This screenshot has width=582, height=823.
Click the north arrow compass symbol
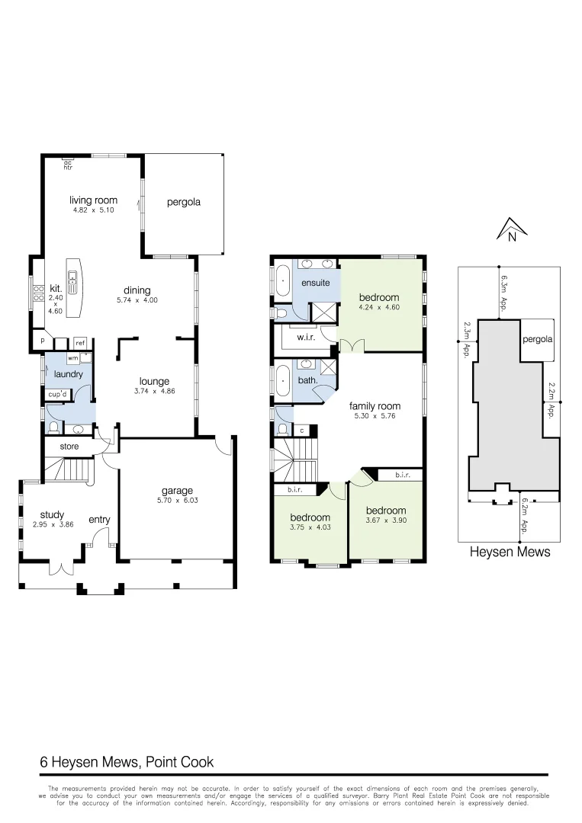tap(509, 228)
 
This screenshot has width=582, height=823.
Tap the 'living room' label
tap(93, 200)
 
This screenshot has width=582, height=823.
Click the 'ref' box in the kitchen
tap(80, 343)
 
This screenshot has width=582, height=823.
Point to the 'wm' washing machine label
tap(73, 357)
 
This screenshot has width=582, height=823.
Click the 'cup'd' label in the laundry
tap(57, 395)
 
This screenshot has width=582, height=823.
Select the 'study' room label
tap(52, 515)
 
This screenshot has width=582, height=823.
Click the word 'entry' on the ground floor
tap(99, 520)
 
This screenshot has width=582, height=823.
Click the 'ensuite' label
tap(315, 283)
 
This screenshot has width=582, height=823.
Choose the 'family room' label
tap(375, 406)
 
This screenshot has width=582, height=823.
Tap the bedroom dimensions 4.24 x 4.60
tap(380, 308)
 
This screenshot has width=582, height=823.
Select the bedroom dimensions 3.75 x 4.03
tap(310, 527)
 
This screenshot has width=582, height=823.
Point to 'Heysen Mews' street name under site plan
tap(509, 552)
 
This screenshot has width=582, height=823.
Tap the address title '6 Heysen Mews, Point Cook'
tap(127, 762)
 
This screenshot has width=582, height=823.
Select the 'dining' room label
tap(137, 290)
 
